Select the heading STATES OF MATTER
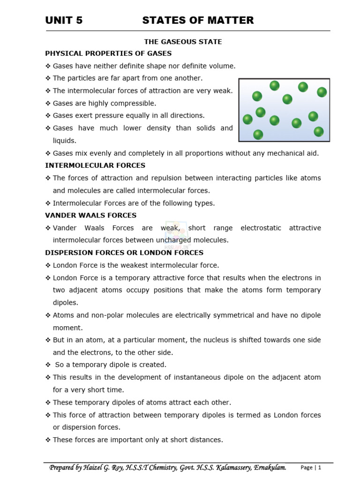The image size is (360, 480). pos(198,20)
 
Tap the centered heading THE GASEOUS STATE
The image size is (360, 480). pos(183,42)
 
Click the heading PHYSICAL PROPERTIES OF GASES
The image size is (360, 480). pos(108,53)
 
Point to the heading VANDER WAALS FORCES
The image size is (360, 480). pos(91,216)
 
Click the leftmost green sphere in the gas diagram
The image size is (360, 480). pos(247,120)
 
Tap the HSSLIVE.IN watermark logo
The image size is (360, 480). pos(175,234)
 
